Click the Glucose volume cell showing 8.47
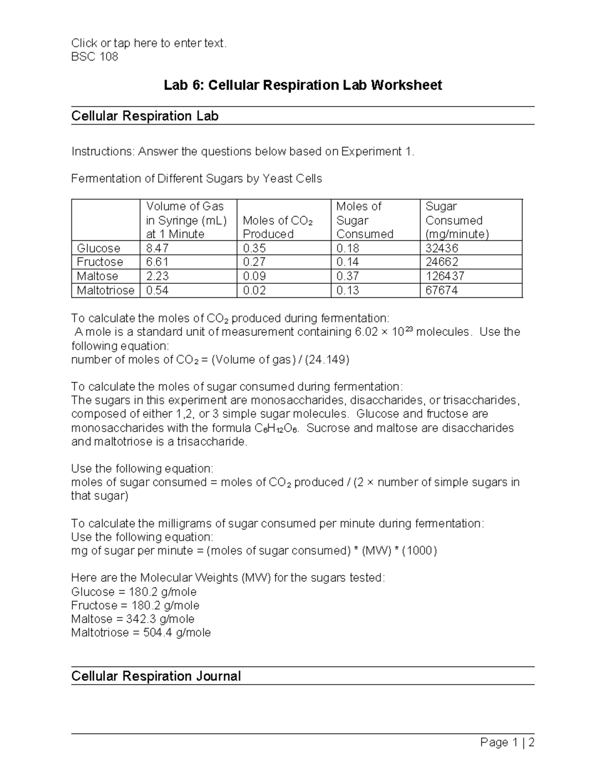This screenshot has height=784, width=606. [x=157, y=248]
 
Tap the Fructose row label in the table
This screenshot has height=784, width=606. [x=100, y=262]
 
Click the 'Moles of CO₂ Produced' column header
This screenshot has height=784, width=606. [x=278, y=227]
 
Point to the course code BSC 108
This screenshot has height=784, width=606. [x=95, y=57]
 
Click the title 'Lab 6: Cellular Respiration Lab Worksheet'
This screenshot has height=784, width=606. [x=302, y=85]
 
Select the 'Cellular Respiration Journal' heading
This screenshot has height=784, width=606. [x=156, y=676]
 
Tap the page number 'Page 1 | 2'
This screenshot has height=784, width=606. [x=507, y=742]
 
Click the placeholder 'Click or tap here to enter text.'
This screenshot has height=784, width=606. [x=149, y=43]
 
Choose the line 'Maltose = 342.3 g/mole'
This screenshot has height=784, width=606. [x=133, y=619]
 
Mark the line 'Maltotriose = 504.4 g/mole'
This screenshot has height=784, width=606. [x=141, y=633]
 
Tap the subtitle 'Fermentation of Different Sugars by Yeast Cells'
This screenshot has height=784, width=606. [x=196, y=179]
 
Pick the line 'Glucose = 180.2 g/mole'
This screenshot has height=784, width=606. [x=134, y=592]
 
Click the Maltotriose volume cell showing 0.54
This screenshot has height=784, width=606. [x=157, y=290]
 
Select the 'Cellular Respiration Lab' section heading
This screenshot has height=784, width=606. [x=145, y=116]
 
